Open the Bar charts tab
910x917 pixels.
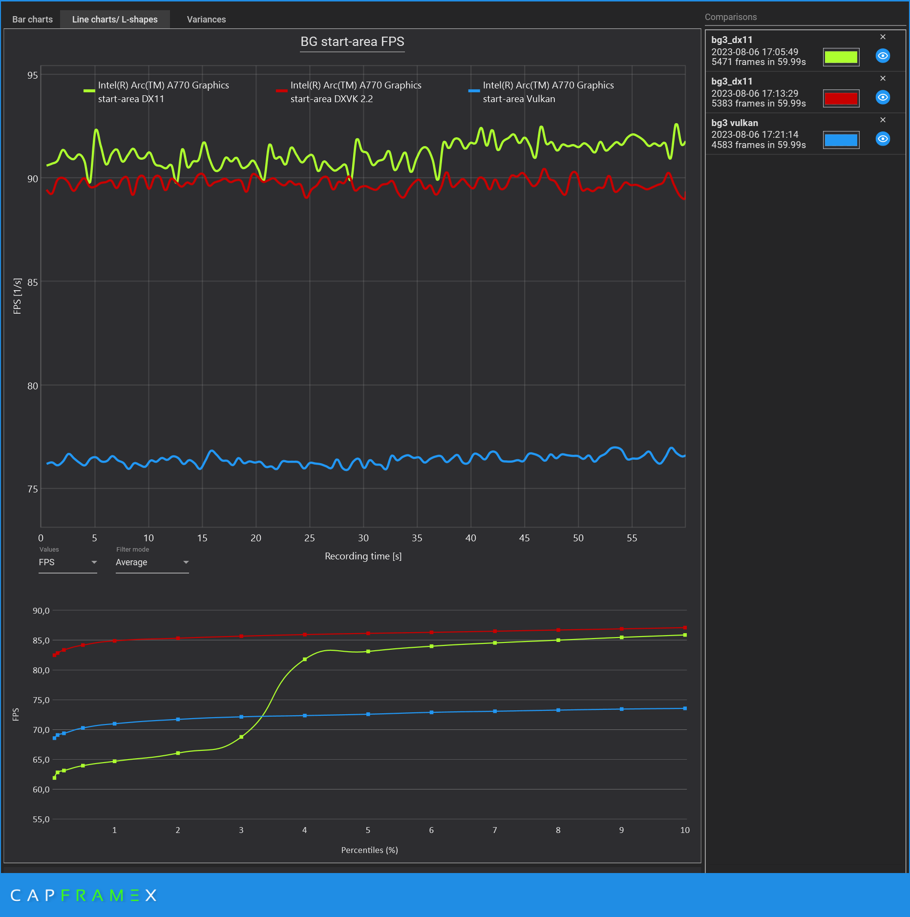point(32,20)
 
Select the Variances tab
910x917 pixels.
point(206,20)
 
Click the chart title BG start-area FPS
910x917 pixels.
point(352,42)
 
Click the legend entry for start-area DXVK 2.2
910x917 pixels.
point(349,92)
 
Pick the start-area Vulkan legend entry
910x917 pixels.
point(542,92)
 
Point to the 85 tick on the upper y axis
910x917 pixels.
point(33,282)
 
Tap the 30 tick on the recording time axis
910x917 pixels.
point(363,538)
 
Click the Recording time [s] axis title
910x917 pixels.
point(363,556)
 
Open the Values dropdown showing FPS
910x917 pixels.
point(67,562)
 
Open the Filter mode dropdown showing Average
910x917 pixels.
point(152,562)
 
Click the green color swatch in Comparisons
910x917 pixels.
point(841,57)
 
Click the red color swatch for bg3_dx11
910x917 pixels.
point(841,99)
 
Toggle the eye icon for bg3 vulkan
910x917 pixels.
point(883,139)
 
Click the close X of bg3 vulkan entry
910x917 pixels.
point(883,120)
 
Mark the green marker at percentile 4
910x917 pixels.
point(305,659)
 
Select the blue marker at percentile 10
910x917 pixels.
point(685,708)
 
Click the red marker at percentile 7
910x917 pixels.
point(495,631)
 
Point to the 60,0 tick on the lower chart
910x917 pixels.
point(41,789)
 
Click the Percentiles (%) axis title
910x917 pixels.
point(369,850)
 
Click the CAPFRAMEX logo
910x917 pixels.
point(83,896)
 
